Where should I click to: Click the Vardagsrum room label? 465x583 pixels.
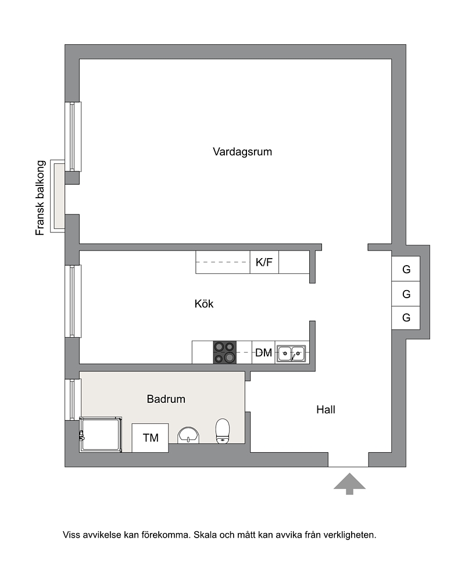click(242, 152)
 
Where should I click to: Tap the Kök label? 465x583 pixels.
click(204, 304)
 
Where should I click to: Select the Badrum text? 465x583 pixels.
click(166, 399)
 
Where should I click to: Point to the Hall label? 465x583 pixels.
click(325, 410)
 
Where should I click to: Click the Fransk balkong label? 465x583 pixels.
click(40, 198)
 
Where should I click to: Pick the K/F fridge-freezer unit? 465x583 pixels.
click(264, 262)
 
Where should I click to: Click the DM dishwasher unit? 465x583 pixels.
click(263, 352)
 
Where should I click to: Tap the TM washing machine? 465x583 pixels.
click(150, 438)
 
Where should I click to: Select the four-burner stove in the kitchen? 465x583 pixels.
click(225, 352)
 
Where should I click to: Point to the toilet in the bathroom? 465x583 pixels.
click(223, 431)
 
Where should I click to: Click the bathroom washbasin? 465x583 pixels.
click(188, 435)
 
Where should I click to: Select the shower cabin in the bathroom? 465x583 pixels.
click(101, 435)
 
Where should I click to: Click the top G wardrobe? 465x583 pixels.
click(406, 269)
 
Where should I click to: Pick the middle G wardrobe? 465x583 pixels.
click(406, 294)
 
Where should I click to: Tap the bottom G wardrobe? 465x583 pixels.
click(406, 318)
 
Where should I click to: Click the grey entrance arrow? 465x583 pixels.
click(349, 484)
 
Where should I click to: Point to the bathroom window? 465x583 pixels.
click(73, 400)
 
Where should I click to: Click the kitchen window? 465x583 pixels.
click(73, 301)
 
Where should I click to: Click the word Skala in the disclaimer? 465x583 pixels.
click(205, 535)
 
